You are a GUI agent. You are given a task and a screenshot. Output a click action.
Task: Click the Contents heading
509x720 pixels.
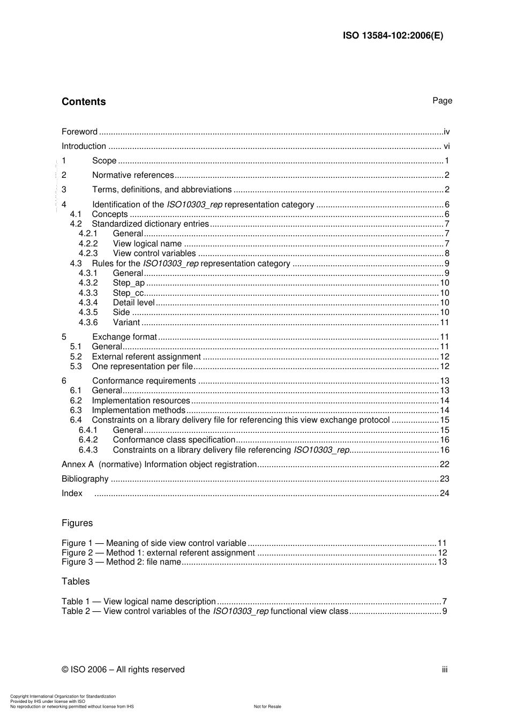pyautogui.click(x=84, y=102)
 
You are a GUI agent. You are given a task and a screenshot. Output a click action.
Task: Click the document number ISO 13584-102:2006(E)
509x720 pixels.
pyautogui.click(x=393, y=36)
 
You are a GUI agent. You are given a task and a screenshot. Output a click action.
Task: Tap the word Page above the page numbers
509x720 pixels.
pyautogui.click(x=442, y=101)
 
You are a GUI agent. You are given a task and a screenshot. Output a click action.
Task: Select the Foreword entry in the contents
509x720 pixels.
pyautogui.click(x=79, y=132)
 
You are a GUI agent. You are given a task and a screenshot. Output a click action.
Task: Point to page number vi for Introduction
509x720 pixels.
pyautogui.click(x=446, y=146)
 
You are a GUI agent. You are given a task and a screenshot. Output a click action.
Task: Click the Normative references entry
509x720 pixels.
pyautogui.click(x=133, y=175)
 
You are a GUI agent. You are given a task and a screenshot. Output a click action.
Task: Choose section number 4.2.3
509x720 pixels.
pyautogui.click(x=88, y=253)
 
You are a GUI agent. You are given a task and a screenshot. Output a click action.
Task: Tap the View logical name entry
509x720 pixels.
pyautogui.click(x=147, y=244)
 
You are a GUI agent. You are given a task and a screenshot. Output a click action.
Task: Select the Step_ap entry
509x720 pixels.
pyautogui.click(x=129, y=283)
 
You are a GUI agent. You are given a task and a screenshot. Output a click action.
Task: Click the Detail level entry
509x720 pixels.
pyautogui.click(x=133, y=303)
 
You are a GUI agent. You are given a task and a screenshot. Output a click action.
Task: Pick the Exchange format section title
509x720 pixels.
pyautogui.click(x=124, y=337)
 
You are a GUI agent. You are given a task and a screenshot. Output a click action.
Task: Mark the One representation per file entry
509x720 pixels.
pyautogui.click(x=142, y=366)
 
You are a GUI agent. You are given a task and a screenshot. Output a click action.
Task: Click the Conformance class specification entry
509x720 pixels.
pyautogui.click(x=174, y=440)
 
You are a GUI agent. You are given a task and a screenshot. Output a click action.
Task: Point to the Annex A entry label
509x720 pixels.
pyautogui.click(x=159, y=464)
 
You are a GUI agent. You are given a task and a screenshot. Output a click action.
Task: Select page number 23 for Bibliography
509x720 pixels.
pyautogui.click(x=444, y=479)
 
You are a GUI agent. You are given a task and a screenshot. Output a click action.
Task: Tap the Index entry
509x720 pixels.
pyautogui.click(x=72, y=493)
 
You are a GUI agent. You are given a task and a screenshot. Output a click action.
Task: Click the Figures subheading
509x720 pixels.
pyautogui.click(x=77, y=523)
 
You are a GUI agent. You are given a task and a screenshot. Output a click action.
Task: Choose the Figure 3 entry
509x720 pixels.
pyautogui.click(x=121, y=562)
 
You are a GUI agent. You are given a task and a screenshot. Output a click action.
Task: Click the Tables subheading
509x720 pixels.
pyautogui.click(x=76, y=582)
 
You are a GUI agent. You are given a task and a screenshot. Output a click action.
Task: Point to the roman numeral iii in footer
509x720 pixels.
pyautogui.click(x=445, y=670)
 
